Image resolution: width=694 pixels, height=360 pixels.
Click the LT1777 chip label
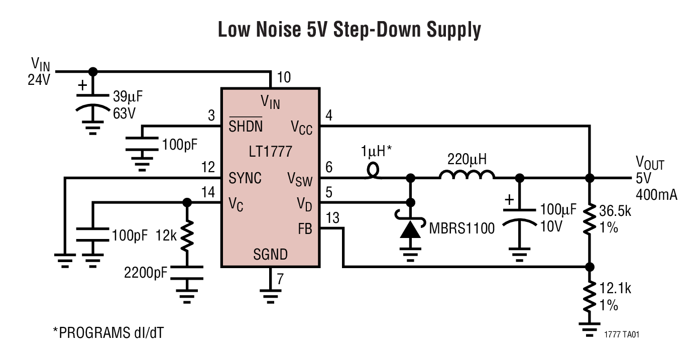point(270,151)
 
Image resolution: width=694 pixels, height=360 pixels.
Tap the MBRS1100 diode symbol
point(411,229)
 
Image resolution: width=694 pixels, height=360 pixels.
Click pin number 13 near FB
point(332,218)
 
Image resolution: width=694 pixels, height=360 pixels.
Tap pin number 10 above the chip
point(283,77)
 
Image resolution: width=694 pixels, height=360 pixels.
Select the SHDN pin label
point(246,127)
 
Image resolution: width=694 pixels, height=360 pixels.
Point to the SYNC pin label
point(245,178)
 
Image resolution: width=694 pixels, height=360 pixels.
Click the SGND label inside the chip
point(270,255)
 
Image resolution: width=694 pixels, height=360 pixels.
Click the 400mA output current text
point(656,194)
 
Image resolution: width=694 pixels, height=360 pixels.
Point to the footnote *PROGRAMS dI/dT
point(108,332)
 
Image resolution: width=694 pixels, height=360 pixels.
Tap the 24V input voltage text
point(39,79)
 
